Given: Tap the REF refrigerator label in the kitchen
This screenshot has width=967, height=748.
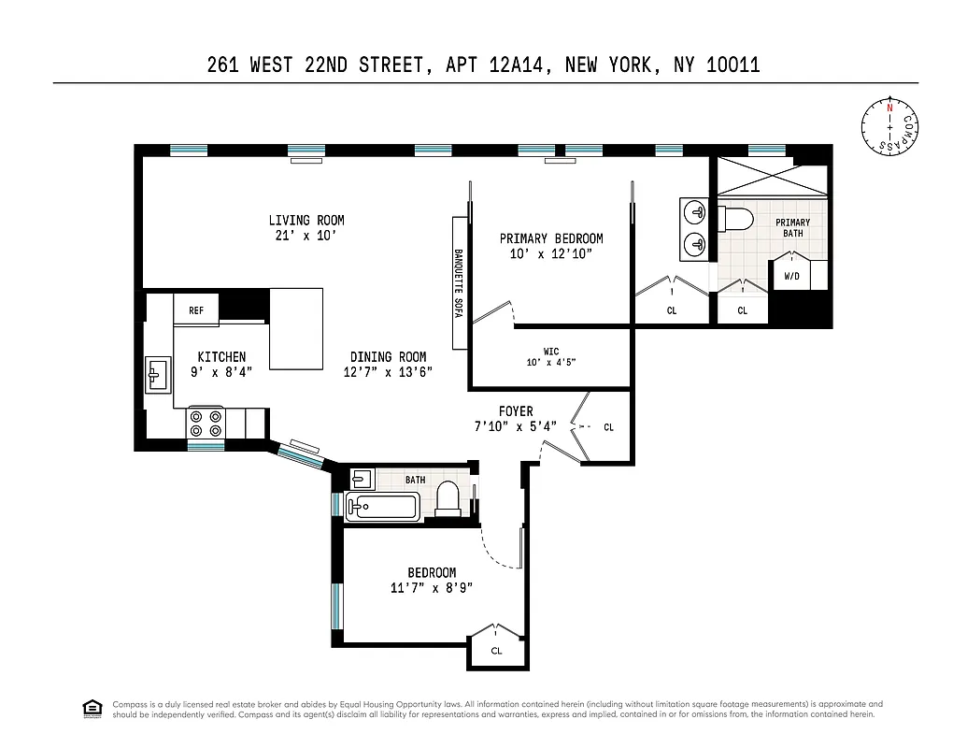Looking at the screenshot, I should click(x=196, y=311).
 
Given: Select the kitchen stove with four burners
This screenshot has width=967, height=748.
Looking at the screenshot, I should click(x=206, y=424).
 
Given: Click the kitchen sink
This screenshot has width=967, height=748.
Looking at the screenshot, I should click(x=156, y=375).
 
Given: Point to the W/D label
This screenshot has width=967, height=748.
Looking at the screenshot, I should click(x=792, y=277).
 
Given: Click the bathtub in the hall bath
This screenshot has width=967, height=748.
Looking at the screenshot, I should click(x=384, y=508).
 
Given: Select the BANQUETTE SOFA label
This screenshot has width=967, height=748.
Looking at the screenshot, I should click(x=459, y=283).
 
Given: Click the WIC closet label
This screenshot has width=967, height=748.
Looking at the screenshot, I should click(x=551, y=352).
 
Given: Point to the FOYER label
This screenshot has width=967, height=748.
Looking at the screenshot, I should click(x=516, y=411).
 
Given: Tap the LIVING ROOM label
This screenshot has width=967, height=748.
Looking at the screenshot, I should click(x=306, y=221).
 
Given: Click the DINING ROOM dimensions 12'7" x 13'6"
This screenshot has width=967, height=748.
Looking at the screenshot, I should click(x=389, y=372).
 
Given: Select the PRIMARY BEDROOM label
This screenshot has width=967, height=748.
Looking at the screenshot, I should click(x=551, y=238).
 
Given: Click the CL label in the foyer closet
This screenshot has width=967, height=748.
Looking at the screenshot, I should click(x=609, y=427).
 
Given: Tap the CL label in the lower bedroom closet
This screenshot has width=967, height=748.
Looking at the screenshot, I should click(x=496, y=651).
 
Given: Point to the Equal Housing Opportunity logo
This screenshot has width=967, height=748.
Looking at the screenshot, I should click(x=92, y=709).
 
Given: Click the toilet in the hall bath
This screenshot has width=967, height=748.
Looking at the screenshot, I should click(x=448, y=498).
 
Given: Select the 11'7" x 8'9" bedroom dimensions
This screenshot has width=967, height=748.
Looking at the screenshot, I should click(x=432, y=588).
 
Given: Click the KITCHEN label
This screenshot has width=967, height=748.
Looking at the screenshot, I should click(x=221, y=357).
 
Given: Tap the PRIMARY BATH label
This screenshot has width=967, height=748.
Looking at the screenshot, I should click(x=793, y=227).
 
